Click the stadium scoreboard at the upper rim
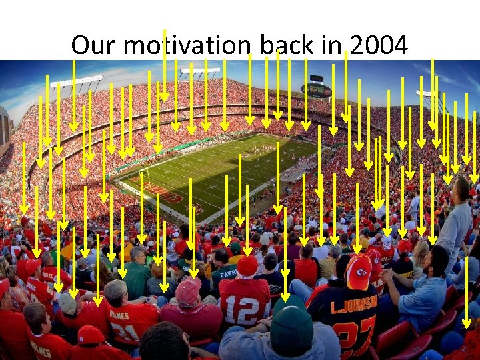tap(316, 90)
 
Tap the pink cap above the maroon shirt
tap(188, 291)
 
